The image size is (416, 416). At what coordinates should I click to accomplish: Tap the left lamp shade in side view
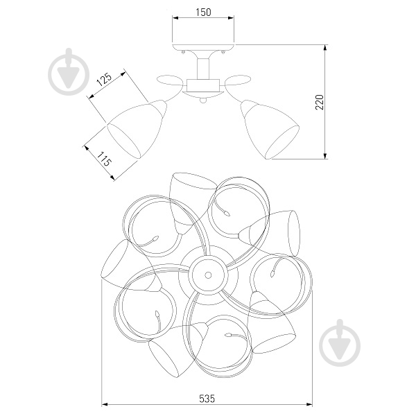click(137, 130)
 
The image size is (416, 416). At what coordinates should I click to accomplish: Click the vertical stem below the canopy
click(202, 68)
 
